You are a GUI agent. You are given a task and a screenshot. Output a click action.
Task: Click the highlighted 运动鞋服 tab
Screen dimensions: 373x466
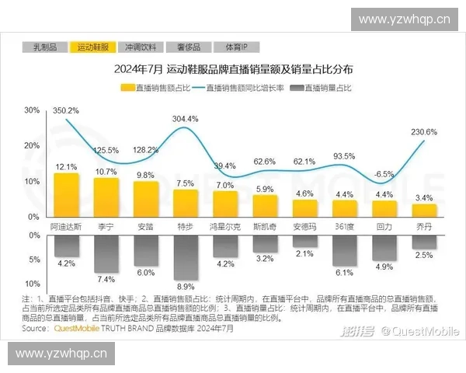tap(92, 48)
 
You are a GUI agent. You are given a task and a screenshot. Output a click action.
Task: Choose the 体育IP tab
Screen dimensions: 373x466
tap(226, 48)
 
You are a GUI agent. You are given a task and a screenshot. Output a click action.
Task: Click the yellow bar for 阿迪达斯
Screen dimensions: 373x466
tap(65, 194)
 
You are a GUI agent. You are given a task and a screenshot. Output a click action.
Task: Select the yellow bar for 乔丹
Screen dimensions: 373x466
tap(424, 209)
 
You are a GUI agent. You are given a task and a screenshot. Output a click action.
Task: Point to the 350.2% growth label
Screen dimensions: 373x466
tap(66, 111)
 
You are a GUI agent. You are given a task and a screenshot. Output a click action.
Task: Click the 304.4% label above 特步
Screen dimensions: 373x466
tap(185, 119)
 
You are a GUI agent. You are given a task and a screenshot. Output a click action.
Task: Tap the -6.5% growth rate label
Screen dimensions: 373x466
tap(384, 174)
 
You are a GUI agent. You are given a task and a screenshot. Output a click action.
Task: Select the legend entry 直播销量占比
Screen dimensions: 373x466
tap(326, 88)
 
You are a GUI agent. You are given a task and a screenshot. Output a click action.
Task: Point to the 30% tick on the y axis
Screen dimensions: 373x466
tap(32, 110)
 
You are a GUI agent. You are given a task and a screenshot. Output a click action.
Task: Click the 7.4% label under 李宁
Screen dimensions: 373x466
tap(106, 278)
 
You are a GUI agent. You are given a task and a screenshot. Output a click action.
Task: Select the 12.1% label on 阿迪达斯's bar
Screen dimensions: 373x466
tap(66, 167)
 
